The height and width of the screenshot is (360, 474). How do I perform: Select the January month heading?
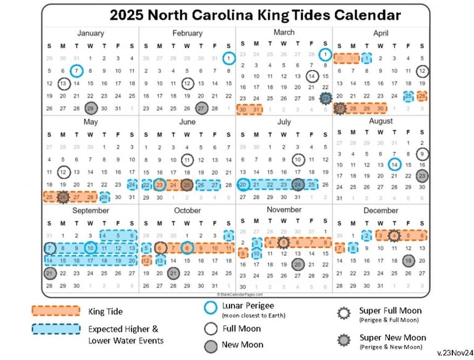pyautogui.click(x=91, y=33)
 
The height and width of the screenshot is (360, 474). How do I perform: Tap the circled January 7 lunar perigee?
pyautogui.click(x=77, y=70)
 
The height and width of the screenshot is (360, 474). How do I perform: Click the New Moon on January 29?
pyautogui.click(x=91, y=108)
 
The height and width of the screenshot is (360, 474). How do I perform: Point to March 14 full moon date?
pyautogui.click(x=312, y=76)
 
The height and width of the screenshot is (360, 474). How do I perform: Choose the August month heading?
pyautogui.click(x=381, y=122)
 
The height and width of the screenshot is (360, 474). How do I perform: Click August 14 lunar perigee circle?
pyautogui.click(x=395, y=164)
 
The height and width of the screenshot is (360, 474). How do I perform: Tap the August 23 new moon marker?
pyautogui.click(x=422, y=175)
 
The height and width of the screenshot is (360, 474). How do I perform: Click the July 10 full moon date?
pyautogui.click(x=297, y=160)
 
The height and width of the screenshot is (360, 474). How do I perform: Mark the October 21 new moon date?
pyautogui.click(x=173, y=274)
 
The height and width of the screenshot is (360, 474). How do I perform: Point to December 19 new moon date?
pyautogui.click(x=408, y=261)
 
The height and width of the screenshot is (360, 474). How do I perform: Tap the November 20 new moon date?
pyautogui.click(x=298, y=264)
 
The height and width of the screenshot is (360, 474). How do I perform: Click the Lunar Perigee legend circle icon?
pyautogui.click(x=210, y=307)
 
